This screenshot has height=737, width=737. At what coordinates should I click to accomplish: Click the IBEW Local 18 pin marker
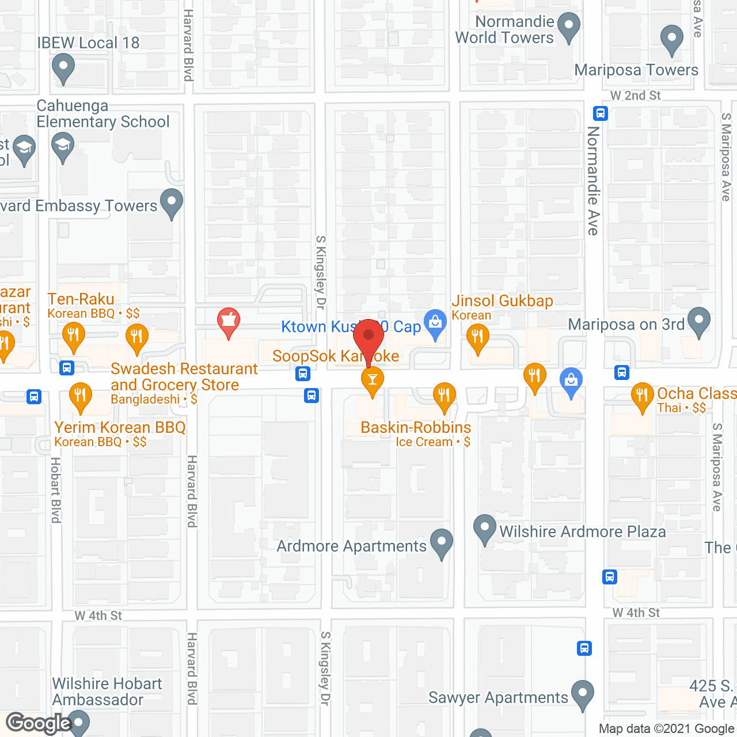(63, 68)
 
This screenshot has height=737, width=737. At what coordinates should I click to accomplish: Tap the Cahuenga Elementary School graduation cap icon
(63, 147)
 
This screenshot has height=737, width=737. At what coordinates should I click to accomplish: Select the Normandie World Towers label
(504, 30)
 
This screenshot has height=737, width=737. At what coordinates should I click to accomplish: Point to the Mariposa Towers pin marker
(671, 40)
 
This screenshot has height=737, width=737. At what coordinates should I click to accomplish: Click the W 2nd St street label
(635, 96)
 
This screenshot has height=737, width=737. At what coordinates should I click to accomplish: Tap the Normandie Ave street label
(593, 180)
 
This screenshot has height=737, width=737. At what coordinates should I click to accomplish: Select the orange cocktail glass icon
(373, 381)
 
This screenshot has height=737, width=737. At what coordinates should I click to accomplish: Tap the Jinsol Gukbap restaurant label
(502, 301)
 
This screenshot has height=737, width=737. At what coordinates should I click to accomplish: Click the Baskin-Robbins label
(416, 428)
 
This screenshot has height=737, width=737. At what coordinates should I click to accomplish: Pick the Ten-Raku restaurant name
(81, 299)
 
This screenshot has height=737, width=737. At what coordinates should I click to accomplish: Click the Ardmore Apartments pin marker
(442, 543)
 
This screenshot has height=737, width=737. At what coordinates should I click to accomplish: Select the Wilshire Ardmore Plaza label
(582, 531)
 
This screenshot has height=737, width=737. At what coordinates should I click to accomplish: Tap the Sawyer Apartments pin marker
(583, 694)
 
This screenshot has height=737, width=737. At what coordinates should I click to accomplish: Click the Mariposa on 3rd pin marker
(699, 322)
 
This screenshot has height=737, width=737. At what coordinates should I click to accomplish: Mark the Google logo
(39, 723)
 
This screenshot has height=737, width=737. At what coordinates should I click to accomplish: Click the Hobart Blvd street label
(56, 490)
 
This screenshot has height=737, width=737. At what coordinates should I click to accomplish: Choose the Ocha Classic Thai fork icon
(642, 397)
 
